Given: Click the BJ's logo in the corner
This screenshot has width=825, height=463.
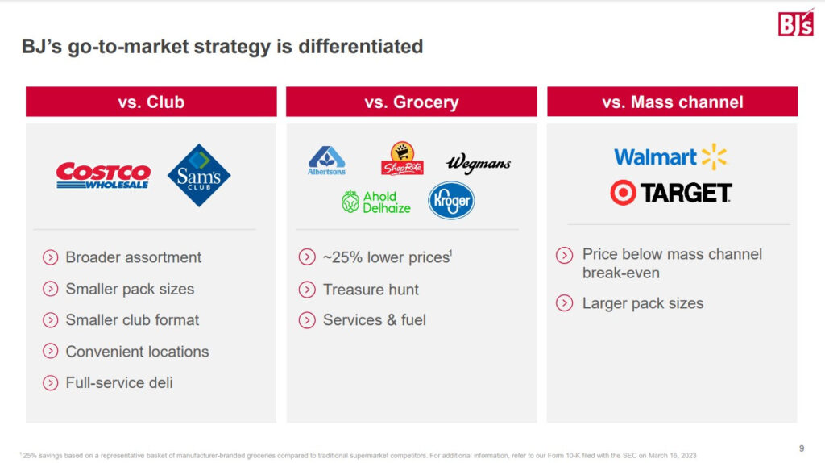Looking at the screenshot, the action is pos(795,23).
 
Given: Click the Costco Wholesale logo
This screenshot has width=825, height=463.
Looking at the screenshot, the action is pos(103,175).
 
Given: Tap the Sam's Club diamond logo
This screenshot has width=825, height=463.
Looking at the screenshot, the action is pos(199,175).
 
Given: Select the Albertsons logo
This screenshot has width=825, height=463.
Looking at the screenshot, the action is pos(327,161).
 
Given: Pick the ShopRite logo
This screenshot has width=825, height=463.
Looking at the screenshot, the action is pos(402,158).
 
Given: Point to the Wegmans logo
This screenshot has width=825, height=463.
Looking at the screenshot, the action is pos(479,163).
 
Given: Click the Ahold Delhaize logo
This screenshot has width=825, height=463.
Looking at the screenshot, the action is pos(375,202).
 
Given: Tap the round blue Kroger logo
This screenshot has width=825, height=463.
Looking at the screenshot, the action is pos(451,201).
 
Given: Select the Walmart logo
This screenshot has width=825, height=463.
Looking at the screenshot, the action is pos(670,156).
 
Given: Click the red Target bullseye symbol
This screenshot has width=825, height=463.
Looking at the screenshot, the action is pos(623,192).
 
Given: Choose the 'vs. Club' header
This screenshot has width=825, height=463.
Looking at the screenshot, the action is pos(151,102).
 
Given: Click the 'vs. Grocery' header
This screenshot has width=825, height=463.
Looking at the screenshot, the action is pos(412,102).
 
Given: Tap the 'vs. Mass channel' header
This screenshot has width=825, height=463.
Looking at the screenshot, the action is pos(673,102).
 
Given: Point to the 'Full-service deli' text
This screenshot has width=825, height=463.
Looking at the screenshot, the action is pos(119,383).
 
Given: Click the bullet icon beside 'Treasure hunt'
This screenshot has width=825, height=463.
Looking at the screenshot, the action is pos(307,290).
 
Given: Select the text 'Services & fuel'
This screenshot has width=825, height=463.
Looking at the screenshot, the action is pos(374,320).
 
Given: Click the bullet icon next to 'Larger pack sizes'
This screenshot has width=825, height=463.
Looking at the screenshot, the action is pos(564,303).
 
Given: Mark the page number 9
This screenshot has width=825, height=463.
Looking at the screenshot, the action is pos(802,448).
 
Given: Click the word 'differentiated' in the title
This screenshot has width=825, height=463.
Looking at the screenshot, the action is pos(360,46).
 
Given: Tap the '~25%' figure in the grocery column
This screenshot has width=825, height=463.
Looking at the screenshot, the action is pos(342,257).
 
